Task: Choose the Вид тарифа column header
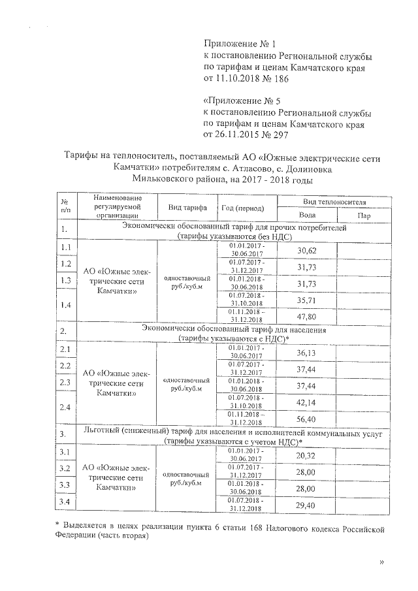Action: pos(186,208)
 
